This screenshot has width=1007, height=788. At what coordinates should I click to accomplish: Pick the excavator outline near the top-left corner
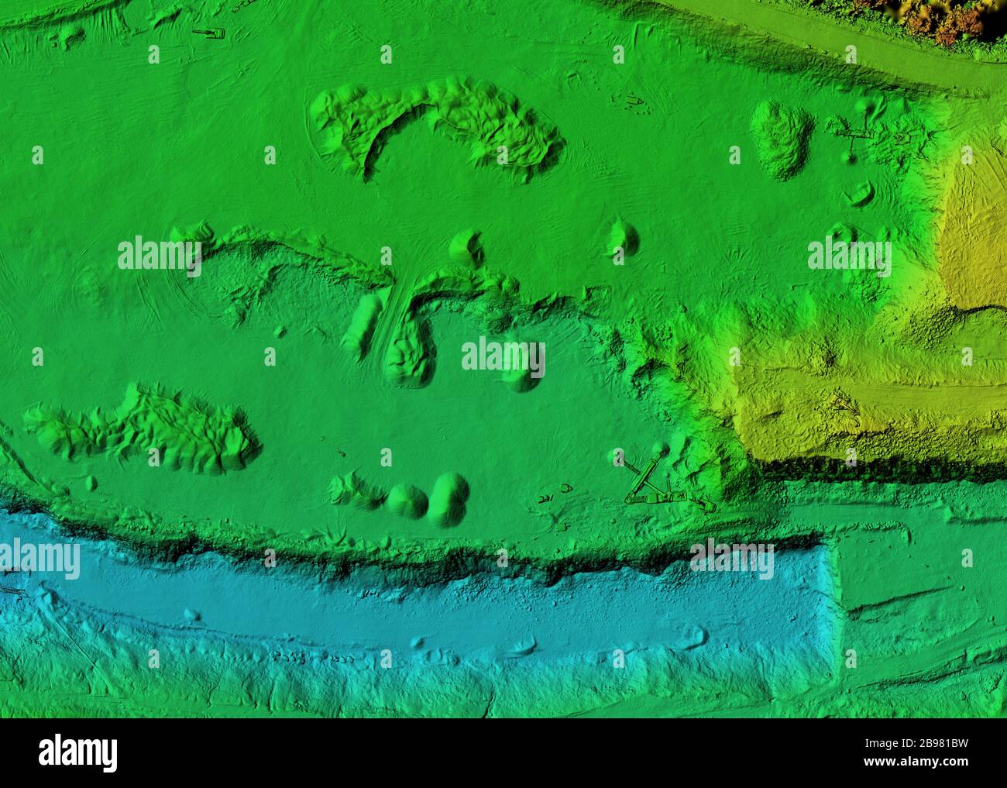(208, 33)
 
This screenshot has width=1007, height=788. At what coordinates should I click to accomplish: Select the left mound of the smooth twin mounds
(407, 501)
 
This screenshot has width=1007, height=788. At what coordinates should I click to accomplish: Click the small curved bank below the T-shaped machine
(859, 193)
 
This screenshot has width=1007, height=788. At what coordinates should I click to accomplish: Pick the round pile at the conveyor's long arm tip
(659, 449)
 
